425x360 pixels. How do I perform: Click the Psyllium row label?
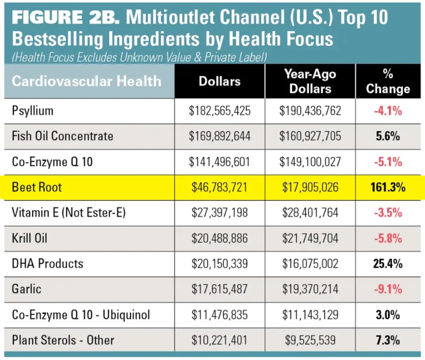(x=33, y=111)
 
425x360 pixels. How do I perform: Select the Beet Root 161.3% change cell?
(x=388, y=187)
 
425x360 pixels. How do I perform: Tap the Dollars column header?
(x=220, y=81)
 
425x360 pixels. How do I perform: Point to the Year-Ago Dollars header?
(x=310, y=81)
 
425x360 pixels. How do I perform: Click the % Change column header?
(x=388, y=81)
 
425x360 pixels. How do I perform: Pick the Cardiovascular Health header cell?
(x=87, y=81)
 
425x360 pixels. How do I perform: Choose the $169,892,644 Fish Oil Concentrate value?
(x=220, y=136)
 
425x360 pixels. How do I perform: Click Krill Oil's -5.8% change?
(x=388, y=238)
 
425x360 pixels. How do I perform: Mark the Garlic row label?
(x=27, y=289)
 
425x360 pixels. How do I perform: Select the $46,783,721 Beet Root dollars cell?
(x=220, y=187)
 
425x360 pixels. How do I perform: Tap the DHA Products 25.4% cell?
(x=388, y=264)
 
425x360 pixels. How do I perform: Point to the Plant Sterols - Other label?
(x=63, y=340)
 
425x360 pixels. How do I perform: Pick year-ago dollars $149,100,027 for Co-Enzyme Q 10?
(x=310, y=162)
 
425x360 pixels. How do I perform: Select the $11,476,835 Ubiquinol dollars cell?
(x=220, y=315)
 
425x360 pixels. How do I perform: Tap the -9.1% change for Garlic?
(x=388, y=289)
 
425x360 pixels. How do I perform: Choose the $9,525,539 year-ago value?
(x=310, y=340)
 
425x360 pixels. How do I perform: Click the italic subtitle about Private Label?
(x=140, y=57)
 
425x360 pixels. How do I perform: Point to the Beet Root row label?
(x=37, y=187)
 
